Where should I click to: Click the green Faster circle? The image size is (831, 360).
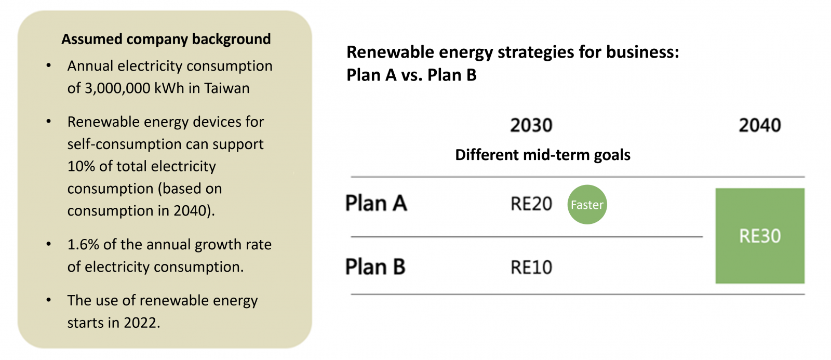[587, 205]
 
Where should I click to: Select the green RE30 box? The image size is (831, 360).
[760, 236]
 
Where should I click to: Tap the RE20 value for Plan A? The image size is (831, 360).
[531, 204]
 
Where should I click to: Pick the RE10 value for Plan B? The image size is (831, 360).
[531, 267]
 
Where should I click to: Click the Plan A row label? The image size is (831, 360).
[376, 204]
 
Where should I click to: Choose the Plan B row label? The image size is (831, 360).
[375, 267]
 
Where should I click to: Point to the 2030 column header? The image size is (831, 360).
[531, 125]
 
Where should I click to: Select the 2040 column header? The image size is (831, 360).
[760, 125]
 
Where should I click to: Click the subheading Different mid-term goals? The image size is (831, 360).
[543, 155]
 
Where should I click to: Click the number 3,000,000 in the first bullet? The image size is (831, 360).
[117, 88]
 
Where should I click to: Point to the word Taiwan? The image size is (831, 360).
[226, 88]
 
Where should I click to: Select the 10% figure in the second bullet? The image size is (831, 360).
[81, 166]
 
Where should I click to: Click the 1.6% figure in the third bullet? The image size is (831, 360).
[83, 245]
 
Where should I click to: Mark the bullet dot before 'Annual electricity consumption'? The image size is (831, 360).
[49, 66]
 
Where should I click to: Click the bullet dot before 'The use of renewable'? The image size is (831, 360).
[49, 300]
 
